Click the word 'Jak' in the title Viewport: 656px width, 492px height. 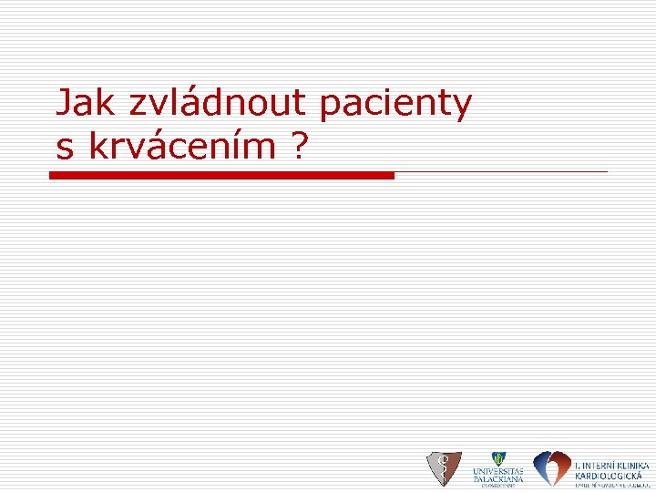tap(87, 104)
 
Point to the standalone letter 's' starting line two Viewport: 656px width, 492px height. tap(64, 147)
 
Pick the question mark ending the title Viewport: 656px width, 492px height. tap(300, 146)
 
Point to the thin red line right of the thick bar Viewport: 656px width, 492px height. tap(501, 171)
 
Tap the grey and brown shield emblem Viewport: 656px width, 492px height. tap(444, 468)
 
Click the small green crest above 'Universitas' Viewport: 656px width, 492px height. tap(497, 459)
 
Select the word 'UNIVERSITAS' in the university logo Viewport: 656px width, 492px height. tap(497, 471)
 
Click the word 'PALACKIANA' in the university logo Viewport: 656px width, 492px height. tap(497, 478)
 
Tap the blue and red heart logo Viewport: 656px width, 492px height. tap(551, 468)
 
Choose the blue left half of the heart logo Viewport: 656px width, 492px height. tap(543, 466)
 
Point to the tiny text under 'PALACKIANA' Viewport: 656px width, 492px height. tap(497, 486)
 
